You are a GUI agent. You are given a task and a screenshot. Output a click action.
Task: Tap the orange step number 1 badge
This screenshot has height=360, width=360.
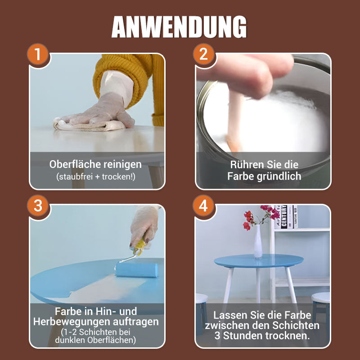pos(38,55)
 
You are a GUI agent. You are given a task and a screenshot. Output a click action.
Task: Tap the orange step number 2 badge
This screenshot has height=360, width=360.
pos(203,55)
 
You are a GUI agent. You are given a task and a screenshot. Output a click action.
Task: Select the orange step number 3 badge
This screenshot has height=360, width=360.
pos(38,206)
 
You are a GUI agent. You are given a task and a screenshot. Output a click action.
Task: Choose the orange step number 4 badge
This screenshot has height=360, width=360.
pos(203,206)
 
